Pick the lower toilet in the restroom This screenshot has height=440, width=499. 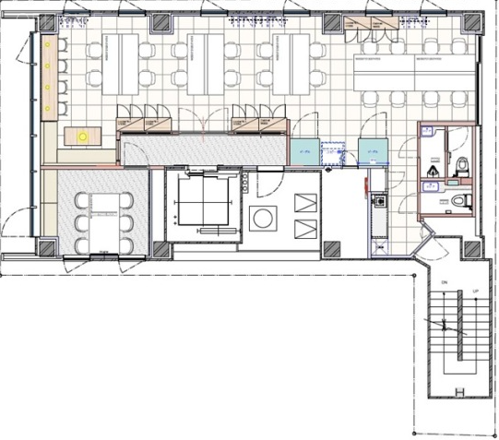[x=463, y=199]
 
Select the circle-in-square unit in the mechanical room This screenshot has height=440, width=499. [x=263, y=219]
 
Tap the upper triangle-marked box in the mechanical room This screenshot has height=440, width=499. [x=303, y=201]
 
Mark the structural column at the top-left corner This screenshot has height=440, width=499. [x=43, y=19]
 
